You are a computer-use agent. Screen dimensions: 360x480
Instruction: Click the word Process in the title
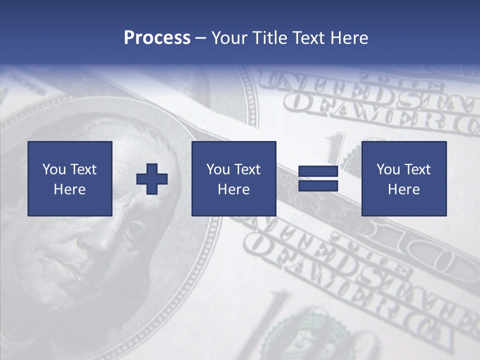pos(157,38)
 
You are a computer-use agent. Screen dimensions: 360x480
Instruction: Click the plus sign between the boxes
pos(152,179)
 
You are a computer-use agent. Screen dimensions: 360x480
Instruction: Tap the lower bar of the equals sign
pos(318,186)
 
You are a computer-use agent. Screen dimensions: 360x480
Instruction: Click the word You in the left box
pos(54,169)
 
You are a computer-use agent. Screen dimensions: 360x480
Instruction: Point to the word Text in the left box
pos(83,169)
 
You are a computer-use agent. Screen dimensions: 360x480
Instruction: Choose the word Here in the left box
pos(69,189)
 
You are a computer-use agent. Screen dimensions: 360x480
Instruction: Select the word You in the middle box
pos(218,169)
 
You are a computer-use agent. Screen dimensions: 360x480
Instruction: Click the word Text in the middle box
pos(247,169)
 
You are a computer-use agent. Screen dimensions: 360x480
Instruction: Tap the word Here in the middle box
pos(233,189)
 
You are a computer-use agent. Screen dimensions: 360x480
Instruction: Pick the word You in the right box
pos(388,169)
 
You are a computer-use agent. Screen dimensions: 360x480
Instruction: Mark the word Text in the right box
pos(417,169)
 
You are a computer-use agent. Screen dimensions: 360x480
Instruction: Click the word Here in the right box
pos(403,189)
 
